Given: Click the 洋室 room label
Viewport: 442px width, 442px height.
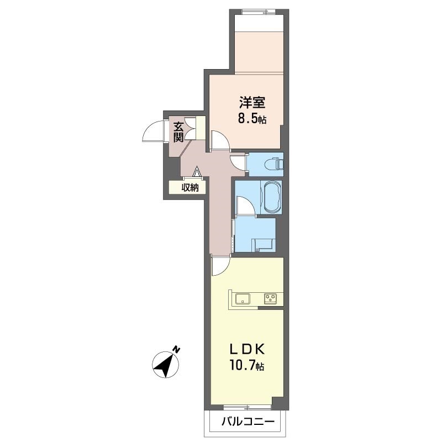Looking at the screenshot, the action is tap(252, 103).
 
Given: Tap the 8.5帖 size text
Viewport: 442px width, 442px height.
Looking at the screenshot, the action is tap(252, 119).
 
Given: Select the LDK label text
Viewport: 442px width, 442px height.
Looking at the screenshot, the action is tap(247, 350).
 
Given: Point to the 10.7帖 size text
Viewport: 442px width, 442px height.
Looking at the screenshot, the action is tap(247, 366).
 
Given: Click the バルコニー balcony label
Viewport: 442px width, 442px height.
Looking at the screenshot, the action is tap(248, 422).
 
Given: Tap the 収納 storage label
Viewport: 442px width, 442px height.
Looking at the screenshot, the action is tap(190, 187).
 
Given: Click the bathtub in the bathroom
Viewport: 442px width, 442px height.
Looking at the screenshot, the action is tap(271, 198).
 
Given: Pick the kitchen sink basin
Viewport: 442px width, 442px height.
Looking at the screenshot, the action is tap(243, 299).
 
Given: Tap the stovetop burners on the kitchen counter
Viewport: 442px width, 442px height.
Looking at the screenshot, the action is tap(270, 299).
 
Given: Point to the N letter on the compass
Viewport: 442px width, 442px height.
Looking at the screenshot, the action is tap(176, 350).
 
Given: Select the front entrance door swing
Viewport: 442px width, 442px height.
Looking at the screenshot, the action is tap(153, 131).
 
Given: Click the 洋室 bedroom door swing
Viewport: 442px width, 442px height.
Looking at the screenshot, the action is tap(220, 140).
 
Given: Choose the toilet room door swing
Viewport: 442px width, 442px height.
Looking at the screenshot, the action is tap(238, 162).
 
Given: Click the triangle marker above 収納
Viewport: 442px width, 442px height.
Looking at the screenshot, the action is tap(197, 171).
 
